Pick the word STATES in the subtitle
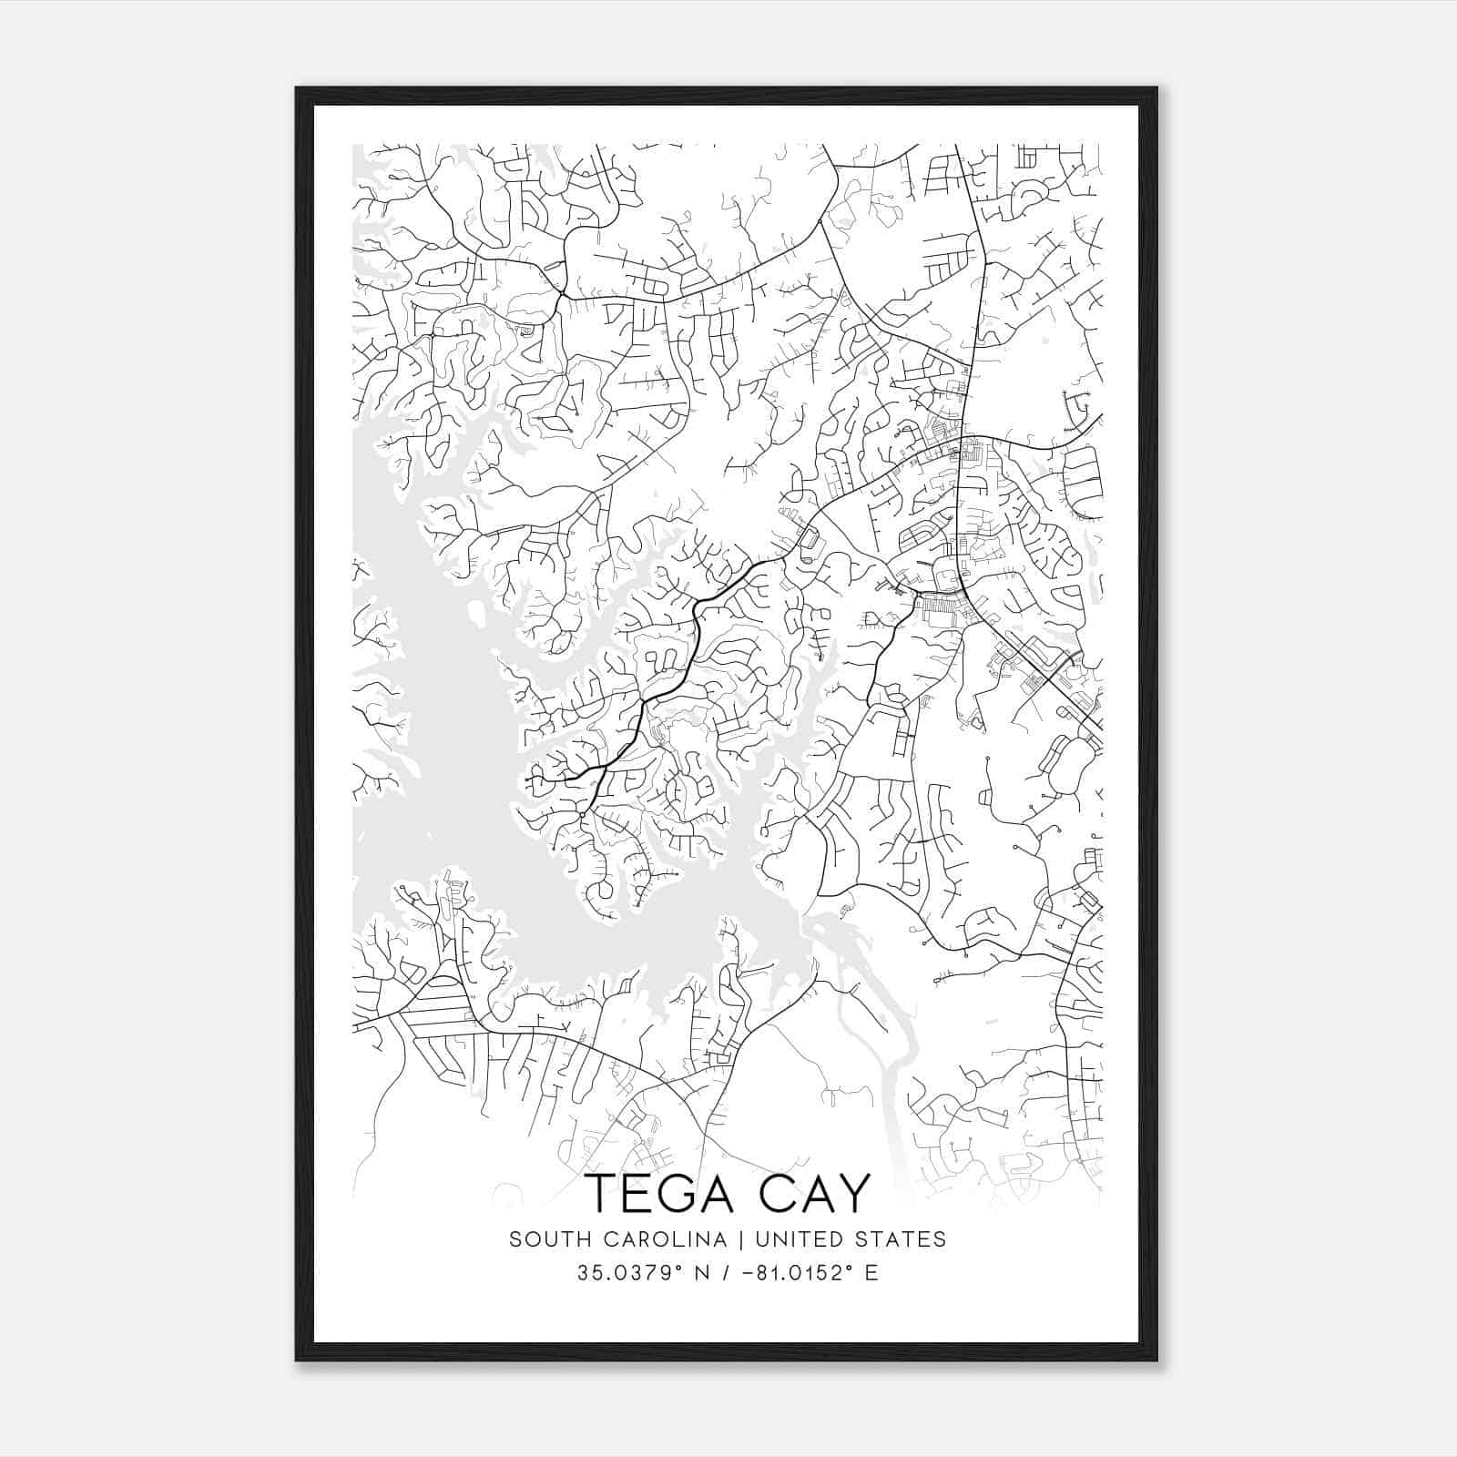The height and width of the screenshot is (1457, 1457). (902, 1239)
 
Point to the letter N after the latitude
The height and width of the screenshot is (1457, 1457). (701, 1272)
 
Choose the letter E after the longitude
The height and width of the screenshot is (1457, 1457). (872, 1272)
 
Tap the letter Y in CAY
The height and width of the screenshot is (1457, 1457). (853, 1193)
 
